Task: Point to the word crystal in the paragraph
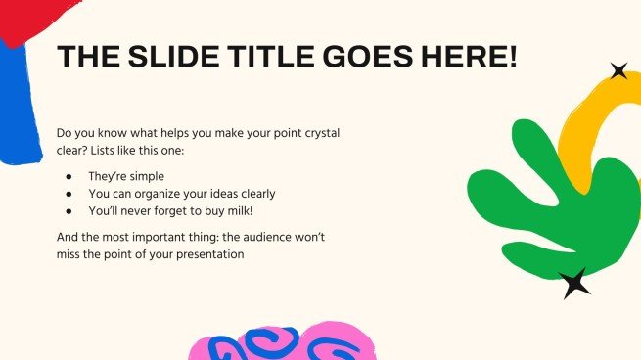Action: click(x=319, y=132)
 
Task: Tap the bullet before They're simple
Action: click(x=69, y=177)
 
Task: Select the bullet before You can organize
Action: click(x=69, y=194)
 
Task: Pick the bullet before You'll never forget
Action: click(x=69, y=210)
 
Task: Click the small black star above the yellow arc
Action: click(x=618, y=70)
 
